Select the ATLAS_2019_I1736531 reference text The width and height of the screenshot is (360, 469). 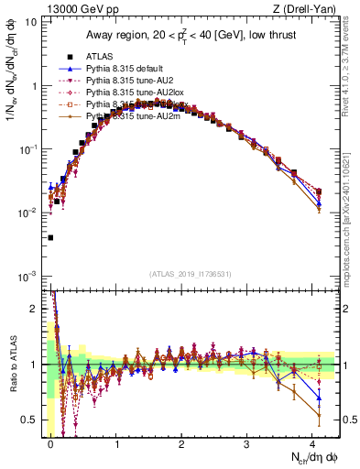[x=190, y=274]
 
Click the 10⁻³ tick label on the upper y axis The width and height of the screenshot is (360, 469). [x=26, y=276]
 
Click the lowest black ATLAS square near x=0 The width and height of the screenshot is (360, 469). [x=49, y=237]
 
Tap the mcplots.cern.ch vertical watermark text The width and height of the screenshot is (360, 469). [x=353, y=220]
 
